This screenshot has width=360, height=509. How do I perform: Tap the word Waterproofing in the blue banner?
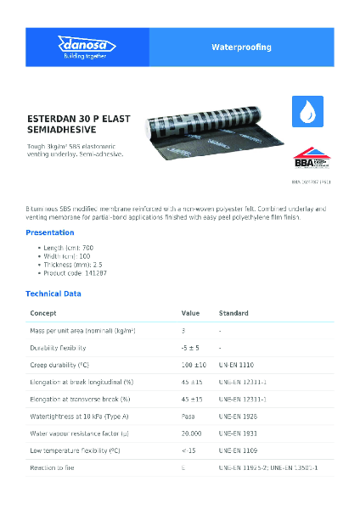coord(241,48)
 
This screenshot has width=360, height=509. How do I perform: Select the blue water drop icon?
coord(307,110)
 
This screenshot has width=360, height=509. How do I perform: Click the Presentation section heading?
coord(50,232)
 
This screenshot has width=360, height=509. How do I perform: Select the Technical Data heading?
coord(53,293)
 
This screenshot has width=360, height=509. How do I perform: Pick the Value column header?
coord(190,312)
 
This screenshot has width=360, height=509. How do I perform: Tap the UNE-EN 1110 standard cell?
coord(237,364)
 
